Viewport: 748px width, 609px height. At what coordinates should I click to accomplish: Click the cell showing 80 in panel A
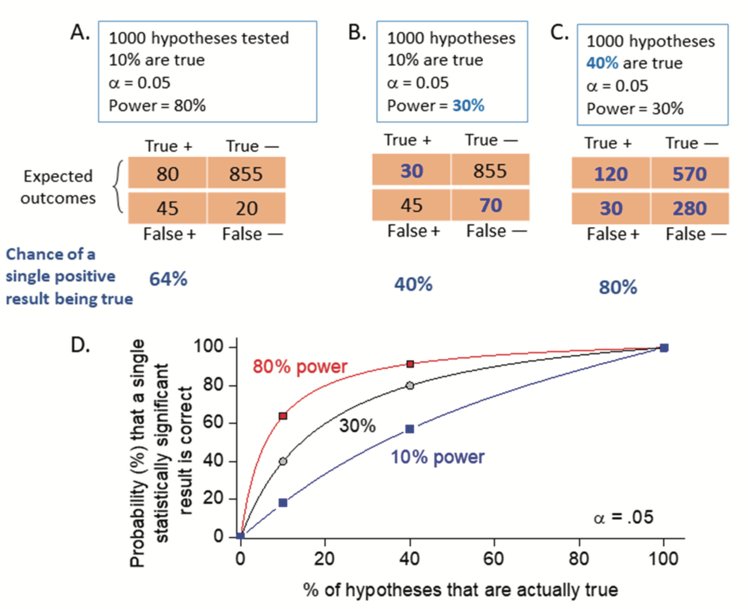click(167, 174)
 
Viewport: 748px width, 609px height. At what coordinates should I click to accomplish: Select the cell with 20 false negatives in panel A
click(246, 208)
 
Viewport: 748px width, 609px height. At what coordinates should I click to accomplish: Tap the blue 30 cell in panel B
click(412, 171)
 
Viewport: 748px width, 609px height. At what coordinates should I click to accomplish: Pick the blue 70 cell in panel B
click(490, 205)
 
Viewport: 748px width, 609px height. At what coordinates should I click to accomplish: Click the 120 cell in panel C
click(611, 174)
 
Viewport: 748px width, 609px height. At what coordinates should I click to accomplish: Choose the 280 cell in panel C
click(689, 208)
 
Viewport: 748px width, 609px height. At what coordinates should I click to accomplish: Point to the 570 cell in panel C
click(689, 174)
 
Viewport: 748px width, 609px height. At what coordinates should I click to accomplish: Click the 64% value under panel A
click(168, 279)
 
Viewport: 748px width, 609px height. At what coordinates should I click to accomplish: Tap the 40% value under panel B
click(413, 284)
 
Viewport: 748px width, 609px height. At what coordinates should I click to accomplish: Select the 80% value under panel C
click(618, 287)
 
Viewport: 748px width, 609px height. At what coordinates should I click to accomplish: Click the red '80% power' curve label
click(300, 366)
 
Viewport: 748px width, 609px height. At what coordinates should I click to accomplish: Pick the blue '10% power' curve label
click(437, 457)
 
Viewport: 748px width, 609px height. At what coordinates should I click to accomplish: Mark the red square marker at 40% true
click(411, 364)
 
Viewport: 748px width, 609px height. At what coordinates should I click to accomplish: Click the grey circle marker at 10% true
click(283, 461)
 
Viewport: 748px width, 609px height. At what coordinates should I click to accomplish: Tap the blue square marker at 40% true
click(410, 429)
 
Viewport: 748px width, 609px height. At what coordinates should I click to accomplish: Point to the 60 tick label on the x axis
click(494, 558)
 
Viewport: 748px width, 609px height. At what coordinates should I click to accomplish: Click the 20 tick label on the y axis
click(213, 499)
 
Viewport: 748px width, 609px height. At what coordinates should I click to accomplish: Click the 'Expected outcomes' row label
click(58, 187)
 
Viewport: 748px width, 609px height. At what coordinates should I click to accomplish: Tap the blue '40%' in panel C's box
click(602, 63)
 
